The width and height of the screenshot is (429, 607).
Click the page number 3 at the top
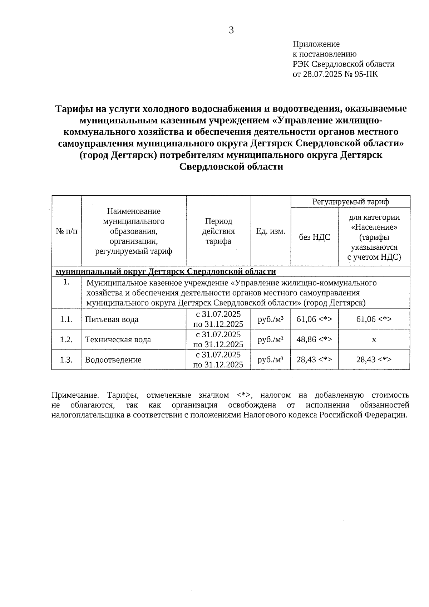(x=231, y=30)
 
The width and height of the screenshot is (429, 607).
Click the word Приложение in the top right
(x=316, y=44)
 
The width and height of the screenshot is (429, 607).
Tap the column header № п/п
(x=66, y=231)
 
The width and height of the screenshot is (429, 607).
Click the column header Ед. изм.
(x=271, y=231)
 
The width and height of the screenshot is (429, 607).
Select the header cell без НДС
(x=314, y=237)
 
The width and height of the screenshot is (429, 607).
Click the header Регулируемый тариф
(x=350, y=202)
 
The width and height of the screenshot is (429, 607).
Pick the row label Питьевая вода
(x=112, y=319)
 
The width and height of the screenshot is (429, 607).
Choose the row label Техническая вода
(x=118, y=339)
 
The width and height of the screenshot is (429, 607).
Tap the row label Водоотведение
(x=113, y=360)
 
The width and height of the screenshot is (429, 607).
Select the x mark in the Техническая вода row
(x=374, y=339)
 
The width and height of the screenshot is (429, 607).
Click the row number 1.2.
(x=66, y=339)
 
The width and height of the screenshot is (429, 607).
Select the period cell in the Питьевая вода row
(x=218, y=319)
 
